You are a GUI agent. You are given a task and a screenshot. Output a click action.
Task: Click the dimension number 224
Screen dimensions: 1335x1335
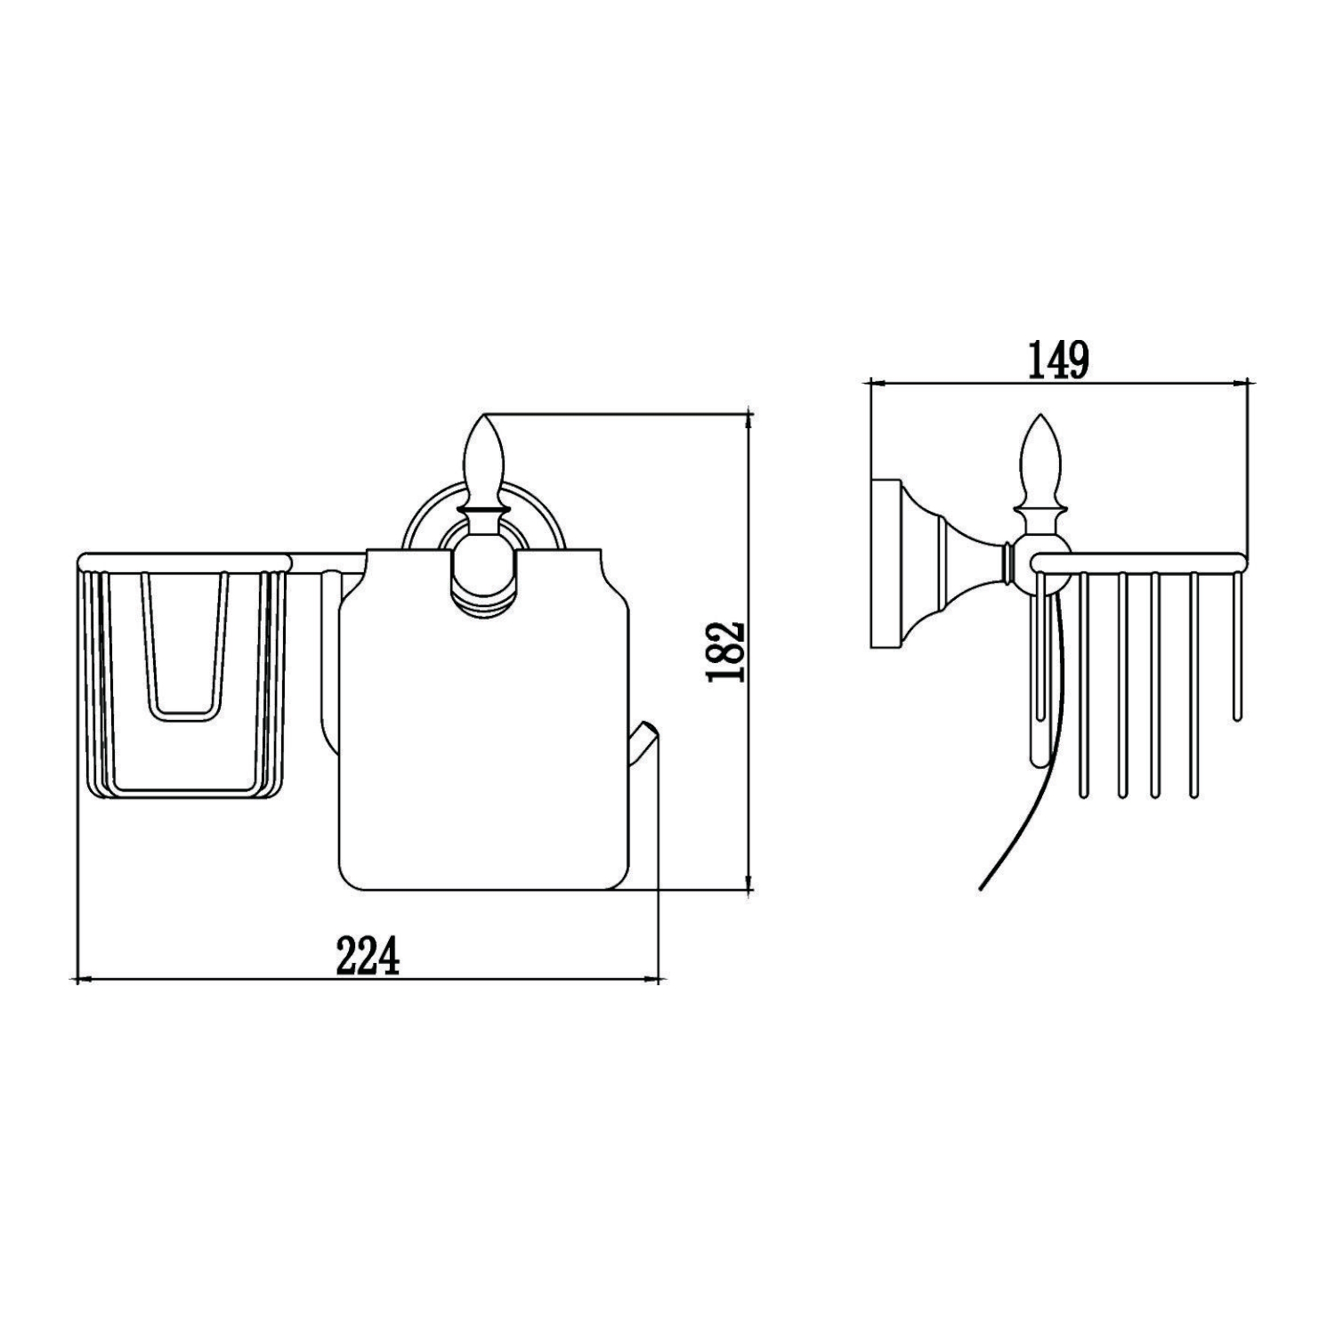368,956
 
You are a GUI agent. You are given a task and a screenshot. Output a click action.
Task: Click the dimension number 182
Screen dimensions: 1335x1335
724,651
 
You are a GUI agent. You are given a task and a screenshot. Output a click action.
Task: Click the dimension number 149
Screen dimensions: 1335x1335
1058,360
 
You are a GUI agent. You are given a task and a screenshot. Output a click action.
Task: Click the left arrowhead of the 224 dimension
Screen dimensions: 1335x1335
82,980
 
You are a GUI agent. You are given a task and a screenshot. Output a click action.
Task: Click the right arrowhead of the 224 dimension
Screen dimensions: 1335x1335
654,980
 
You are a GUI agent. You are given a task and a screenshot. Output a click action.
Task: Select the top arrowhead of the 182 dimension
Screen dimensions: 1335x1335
750,418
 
